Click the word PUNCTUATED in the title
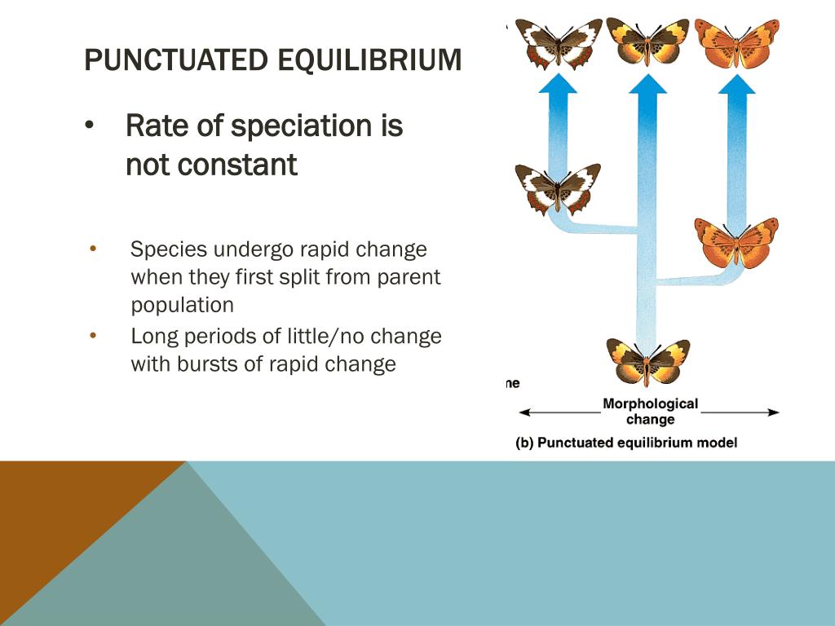[x=176, y=60]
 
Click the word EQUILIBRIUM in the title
[x=369, y=60]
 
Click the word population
[x=182, y=306]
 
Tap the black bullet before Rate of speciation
[x=89, y=126]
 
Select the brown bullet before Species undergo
[x=93, y=248]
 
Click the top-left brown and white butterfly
[x=558, y=45]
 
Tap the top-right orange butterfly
[x=737, y=44]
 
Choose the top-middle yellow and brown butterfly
[x=647, y=42]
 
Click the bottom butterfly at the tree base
[x=647, y=362]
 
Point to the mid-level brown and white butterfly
[x=557, y=188]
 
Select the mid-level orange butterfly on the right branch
[x=736, y=243]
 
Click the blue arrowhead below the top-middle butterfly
[x=647, y=85]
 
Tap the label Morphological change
[x=650, y=412]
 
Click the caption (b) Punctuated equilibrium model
[x=626, y=443]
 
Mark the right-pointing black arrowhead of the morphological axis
[x=775, y=412]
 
